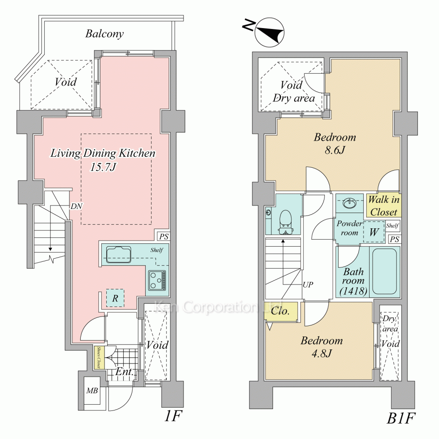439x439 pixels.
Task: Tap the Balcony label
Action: point(104,34)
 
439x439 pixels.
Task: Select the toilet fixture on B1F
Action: point(286,222)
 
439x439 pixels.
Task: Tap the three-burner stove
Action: point(157,280)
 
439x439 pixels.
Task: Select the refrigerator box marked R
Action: point(115,298)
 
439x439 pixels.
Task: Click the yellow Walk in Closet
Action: point(384,206)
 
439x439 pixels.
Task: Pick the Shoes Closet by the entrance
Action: point(99,357)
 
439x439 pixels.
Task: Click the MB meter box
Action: point(92,390)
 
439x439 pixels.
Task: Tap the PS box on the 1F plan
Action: point(163,237)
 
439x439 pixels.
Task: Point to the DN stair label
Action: point(76,206)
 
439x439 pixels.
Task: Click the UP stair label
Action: point(308,285)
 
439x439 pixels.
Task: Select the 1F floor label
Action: point(173,416)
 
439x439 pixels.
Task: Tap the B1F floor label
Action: point(401,418)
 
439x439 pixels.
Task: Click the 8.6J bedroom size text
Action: point(335,150)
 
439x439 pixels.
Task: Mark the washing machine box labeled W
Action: point(374,232)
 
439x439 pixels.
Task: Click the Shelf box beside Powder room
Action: point(392,226)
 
